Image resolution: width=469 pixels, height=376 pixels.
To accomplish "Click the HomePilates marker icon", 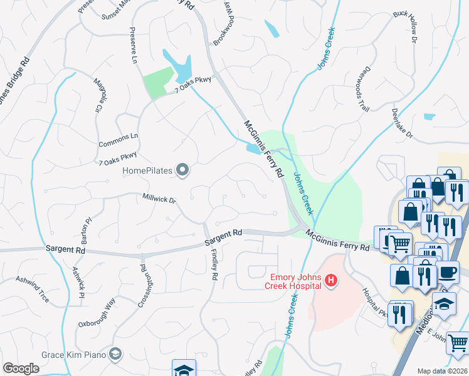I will point(182,170).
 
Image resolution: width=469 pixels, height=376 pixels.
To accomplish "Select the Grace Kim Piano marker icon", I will point(115,355).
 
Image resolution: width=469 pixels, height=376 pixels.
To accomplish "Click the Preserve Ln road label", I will point(134,46).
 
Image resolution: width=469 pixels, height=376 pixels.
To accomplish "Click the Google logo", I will point(21,368).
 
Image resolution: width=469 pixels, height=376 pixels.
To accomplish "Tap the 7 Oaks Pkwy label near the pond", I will point(194,85).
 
